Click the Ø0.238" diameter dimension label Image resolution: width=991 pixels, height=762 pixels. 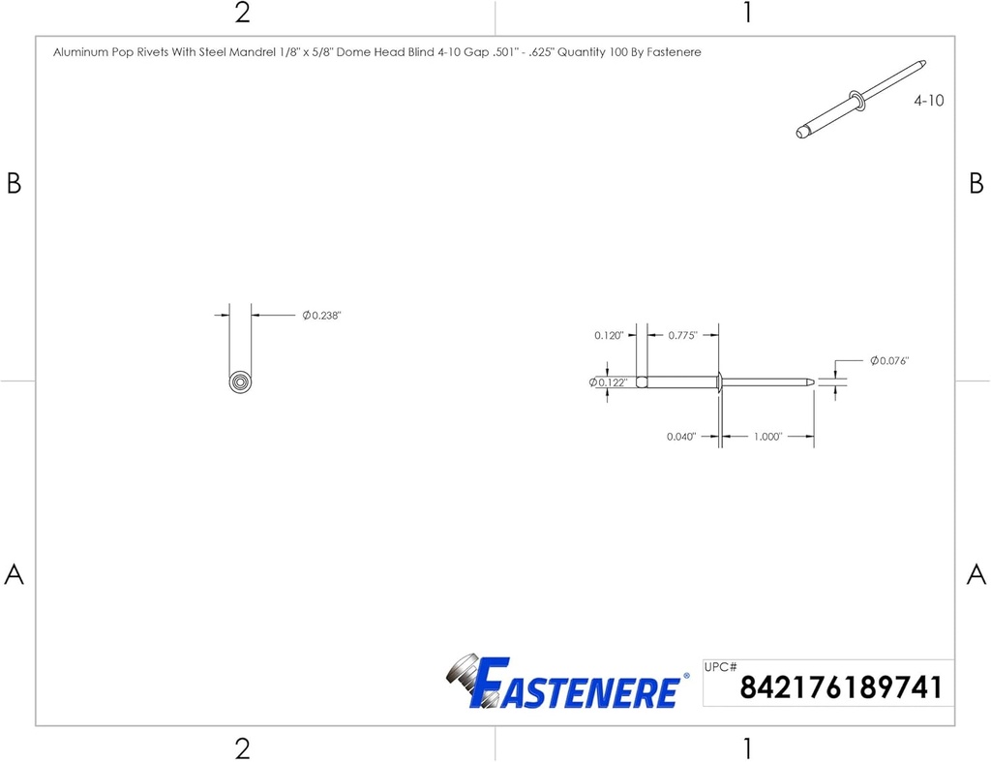point(322,316)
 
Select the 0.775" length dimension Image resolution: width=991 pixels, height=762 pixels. point(682,336)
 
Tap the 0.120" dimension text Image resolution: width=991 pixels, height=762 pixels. point(610,336)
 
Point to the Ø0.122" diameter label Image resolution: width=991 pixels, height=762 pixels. point(609,382)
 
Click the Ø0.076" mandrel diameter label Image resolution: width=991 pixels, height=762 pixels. point(889,361)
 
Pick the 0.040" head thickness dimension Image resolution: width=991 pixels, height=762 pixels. point(682,437)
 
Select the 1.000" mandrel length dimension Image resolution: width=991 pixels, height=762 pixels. point(767,437)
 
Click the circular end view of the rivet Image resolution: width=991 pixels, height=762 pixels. point(240,381)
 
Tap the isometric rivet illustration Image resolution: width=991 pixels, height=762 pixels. point(859,99)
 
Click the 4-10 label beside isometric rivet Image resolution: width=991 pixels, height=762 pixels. point(929,101)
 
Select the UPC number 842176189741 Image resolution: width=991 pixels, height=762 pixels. point(840,688)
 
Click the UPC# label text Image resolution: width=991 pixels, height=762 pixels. point(722,667)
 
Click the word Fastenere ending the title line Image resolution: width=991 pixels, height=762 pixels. point(674,52)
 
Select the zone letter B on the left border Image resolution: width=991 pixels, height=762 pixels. point(14,183)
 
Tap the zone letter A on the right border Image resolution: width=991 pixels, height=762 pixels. point(976,574)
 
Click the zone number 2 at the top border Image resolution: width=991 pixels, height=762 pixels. point(242,14)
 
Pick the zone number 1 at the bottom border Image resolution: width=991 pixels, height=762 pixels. point(747,747)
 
